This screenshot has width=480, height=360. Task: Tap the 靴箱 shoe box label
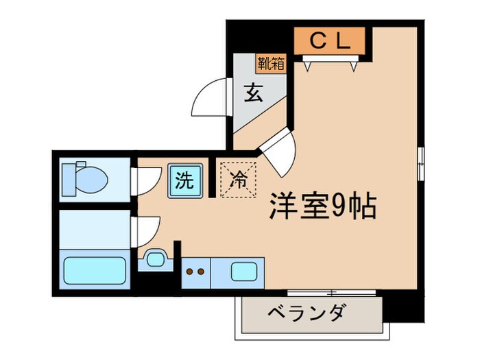pyautogui.click(x=272, y=64)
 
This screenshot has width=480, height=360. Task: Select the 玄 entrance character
pyautogui.click(x=254, y=93)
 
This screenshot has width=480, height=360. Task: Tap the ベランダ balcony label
pyautogui.click(x=306, y=316)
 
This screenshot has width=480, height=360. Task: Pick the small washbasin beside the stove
pyautogui.click(x=154, y=259)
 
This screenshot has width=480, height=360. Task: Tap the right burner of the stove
pyautogui.click(x=202, y=271)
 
